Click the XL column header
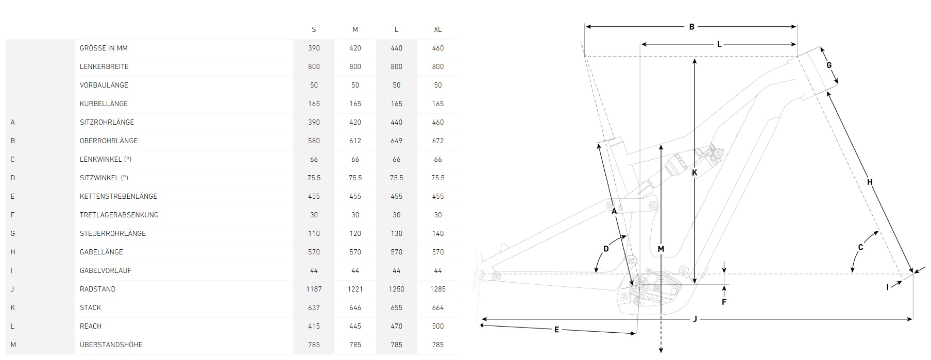(437, 29)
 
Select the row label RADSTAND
(97, 289)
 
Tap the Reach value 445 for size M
(355, 326)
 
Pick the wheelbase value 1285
(437, 289)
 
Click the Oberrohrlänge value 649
(396, 141)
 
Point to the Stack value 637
(314, 307)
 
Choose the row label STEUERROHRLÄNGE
(112, 233)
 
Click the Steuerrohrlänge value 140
(437, 233)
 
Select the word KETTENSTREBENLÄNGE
(118, 196)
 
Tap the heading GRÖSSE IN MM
(104, 48)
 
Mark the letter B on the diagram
(691, 27)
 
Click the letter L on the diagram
(719, 45)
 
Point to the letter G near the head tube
(829, 65)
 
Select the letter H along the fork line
(870, 182)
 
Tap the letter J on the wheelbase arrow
(695, 319)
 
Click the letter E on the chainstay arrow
(556, 330)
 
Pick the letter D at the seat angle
(606, 249)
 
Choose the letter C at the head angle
(860, 248)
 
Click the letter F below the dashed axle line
(724, 302)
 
